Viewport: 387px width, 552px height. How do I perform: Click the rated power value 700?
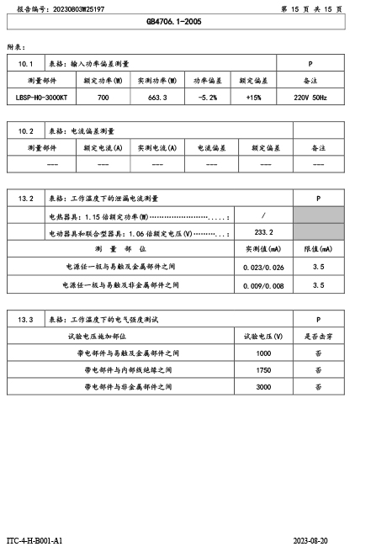(103, 98)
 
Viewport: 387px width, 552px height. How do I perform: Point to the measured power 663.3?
(157, 98)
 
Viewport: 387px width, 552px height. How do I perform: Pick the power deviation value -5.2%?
(207, 98)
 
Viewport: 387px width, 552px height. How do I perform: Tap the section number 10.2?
(25, 131)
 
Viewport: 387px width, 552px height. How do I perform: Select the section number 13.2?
(25, 199)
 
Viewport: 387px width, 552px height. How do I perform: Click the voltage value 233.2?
(263, 231)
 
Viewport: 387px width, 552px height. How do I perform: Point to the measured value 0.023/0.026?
(263, 267)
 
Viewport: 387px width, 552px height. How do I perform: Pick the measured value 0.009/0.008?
(263, 285)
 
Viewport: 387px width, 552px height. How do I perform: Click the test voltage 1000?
(263, 353)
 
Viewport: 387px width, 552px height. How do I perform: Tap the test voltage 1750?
(263, 370)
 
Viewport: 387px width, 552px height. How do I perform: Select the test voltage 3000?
(263, 387)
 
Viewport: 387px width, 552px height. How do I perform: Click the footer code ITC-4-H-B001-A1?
(35, 539)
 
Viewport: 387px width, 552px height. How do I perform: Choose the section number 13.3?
(25, 320)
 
